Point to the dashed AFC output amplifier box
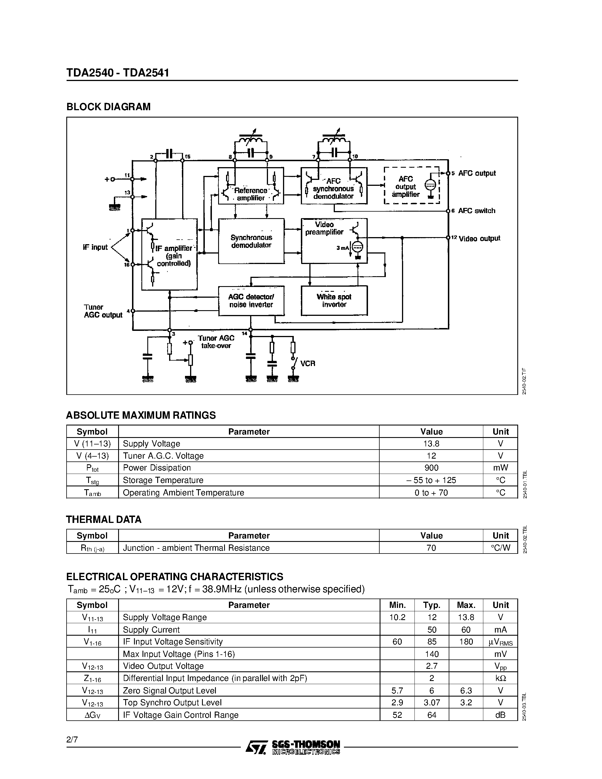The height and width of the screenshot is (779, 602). click(x=412, y=186)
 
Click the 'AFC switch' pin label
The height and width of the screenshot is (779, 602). click(x=477, y=211)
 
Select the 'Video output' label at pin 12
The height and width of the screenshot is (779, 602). click(x=479, y=239)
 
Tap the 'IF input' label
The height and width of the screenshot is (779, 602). click(x=95, y=247)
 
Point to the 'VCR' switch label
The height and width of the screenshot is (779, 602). click(x=307, y=363)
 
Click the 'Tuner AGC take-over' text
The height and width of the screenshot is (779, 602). click(x=216, y=342)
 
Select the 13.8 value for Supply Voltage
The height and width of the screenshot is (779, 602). click(x=431, y=444)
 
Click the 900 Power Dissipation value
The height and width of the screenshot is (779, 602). click(x=431, y=468)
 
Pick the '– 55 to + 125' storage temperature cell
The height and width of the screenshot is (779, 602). click(x=431, y=480)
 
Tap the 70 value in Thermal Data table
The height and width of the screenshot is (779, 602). click(x=431, y=548)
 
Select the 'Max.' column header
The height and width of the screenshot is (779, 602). click(x=466, y=605)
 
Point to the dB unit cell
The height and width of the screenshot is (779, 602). click(x=500, y=715)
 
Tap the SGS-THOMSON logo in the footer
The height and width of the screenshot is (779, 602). click(x=292, y=747)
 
